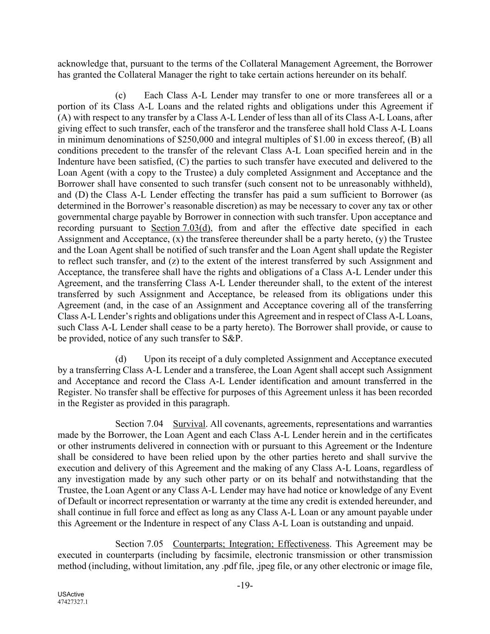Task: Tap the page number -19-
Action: [245, 586]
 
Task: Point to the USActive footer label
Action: [68, 595]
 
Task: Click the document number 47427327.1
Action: [73, 601]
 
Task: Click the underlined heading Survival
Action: [189, 424]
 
